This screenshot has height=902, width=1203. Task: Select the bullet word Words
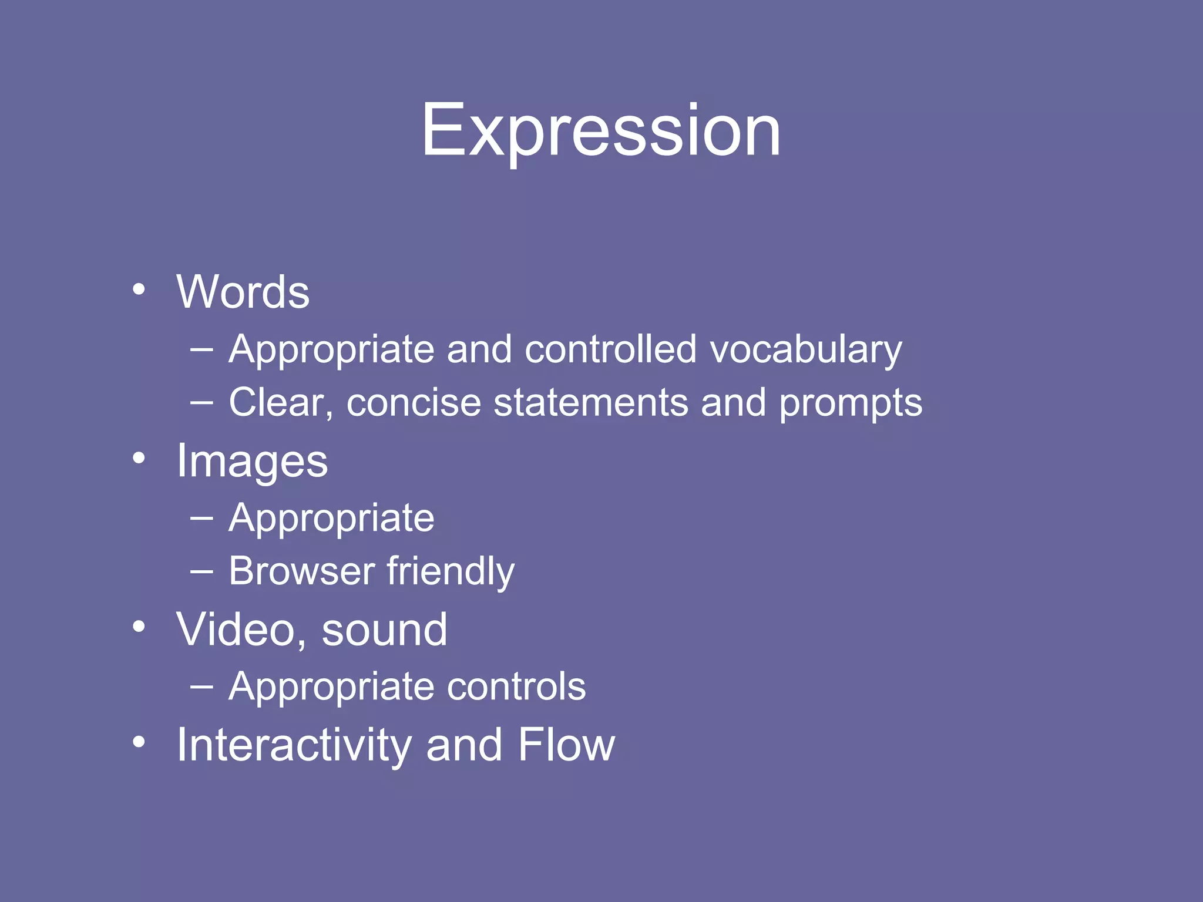tap(243, 292)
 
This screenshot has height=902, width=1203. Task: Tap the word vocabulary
tap(805, 350)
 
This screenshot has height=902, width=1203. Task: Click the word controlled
tap(610, 349)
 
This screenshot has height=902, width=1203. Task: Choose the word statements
tap(591, 403)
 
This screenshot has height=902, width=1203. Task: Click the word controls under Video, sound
tap(516, 686)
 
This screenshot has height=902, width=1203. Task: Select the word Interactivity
tap(294, 745)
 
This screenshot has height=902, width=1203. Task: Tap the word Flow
tap(566, 745)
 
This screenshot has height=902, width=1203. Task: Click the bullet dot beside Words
tap(139, 289)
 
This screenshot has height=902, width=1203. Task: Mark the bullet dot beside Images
tap(139, 458)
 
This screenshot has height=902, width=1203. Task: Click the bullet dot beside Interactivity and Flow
tap(139, 742)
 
